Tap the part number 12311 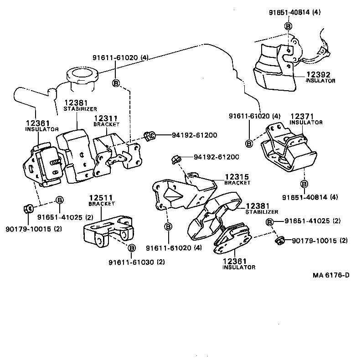tap(106, 118)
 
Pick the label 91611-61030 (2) tap(137, 262)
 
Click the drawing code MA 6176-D tap(331, 275)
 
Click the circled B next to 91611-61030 tap(132, 248)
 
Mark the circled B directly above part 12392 tap(289, 26)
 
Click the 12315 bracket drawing tap(182, 194)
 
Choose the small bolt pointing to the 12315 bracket tap(175, 159)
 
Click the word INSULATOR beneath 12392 tap(320, 81)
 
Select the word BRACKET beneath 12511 tap(102, 204)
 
